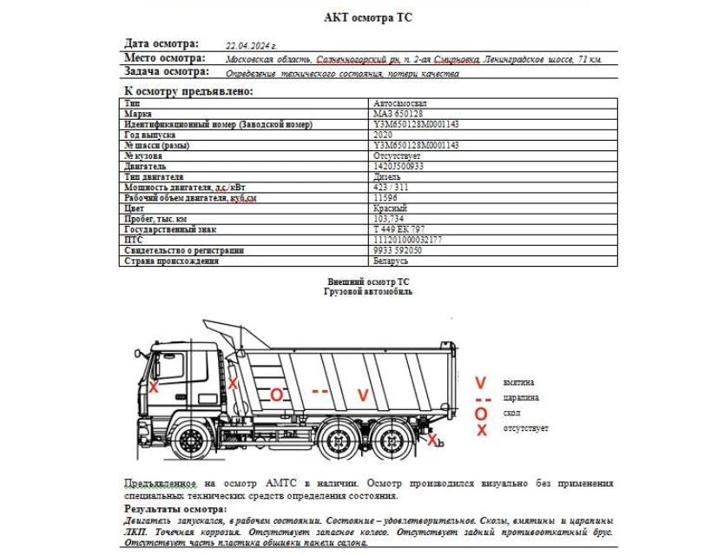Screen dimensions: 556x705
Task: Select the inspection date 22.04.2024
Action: [251, 44]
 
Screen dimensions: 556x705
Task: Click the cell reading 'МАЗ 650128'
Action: [397, 114]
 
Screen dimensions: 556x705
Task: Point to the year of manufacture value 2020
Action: [382, 136]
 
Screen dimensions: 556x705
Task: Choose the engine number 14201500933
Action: [399, 165]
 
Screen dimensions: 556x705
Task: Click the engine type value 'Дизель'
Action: [386, 176]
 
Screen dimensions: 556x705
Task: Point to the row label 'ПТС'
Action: [132, 240]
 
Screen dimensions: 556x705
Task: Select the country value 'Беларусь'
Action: [390, 261]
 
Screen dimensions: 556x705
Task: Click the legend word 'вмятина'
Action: [518, 382]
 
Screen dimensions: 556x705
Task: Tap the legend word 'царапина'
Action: [521, 398]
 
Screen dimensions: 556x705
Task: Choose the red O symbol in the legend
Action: [480, 414]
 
